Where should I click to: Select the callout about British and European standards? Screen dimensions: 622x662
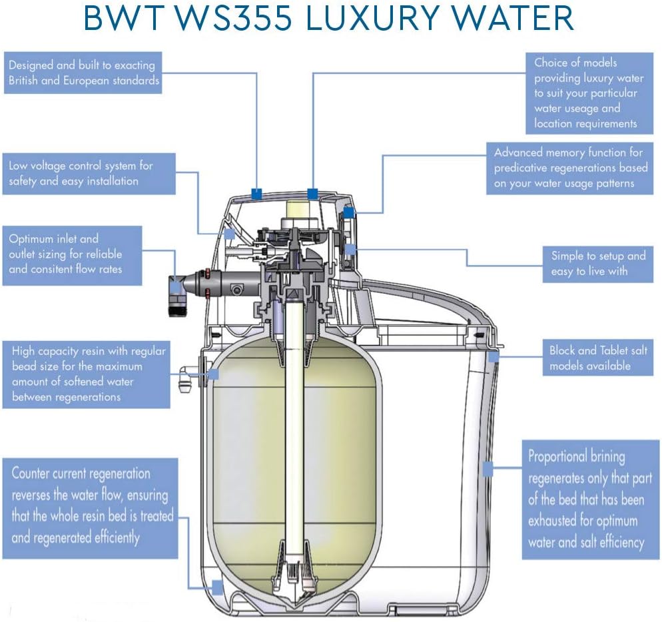point(83,73)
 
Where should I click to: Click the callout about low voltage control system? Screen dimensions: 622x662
point(83,173)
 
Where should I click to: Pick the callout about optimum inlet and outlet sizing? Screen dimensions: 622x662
point(72,254)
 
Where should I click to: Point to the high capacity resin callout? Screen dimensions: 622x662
point(89,374)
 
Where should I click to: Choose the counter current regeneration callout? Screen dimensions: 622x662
point(91,507)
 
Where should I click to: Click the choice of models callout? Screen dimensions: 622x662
point(586,93)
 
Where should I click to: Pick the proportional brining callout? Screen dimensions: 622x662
point(587,499)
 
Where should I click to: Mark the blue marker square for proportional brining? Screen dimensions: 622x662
point(488,469)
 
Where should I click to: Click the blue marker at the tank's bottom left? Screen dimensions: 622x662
point(216,587)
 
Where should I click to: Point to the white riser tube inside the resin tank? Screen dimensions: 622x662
point(294,433)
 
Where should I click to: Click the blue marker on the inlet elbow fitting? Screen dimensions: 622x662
point(176,286)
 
